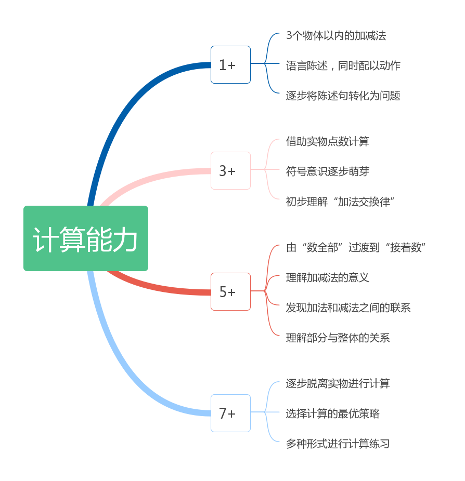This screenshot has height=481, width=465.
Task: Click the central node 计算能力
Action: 86,238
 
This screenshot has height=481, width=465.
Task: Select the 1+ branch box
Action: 230,65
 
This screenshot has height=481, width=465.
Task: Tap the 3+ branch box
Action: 230,171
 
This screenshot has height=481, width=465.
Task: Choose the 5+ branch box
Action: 230,292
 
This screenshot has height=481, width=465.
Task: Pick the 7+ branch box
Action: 230,413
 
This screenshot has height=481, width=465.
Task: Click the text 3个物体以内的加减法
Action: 336,36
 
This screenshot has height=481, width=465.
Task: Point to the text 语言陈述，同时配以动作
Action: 343,66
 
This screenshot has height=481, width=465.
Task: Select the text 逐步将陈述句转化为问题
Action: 343,96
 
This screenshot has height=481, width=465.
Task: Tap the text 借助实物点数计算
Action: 328,141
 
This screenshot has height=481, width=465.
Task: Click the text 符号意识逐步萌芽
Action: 328,171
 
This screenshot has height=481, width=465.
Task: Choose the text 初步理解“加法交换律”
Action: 341,202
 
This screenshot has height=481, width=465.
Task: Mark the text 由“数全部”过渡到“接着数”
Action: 356,247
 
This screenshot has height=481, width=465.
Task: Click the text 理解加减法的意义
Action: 328,277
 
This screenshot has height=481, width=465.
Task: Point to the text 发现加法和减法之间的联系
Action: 348,308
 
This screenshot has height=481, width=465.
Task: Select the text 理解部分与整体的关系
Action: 338,338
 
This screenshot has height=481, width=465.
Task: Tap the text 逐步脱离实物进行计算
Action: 338,383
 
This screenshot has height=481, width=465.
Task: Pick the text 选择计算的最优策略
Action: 333,413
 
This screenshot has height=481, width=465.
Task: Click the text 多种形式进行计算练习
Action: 338,444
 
